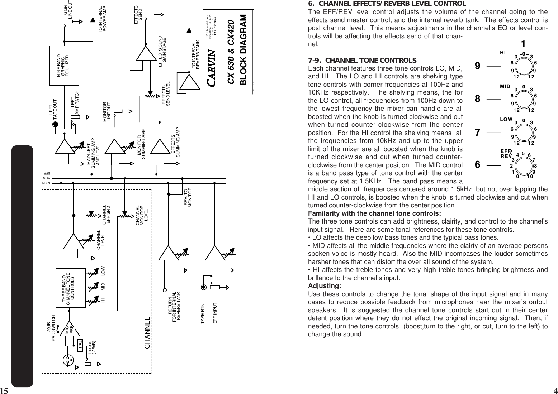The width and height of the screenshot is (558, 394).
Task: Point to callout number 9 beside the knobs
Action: (478, 66)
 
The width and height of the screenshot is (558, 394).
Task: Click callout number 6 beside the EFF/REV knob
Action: (478, 165)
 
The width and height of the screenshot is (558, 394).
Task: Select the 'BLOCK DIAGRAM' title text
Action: (244, 50)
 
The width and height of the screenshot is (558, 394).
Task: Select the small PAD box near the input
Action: (80, 343)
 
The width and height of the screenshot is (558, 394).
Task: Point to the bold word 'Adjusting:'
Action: (325, 286)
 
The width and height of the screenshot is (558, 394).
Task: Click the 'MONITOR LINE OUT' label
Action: (108, 112)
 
